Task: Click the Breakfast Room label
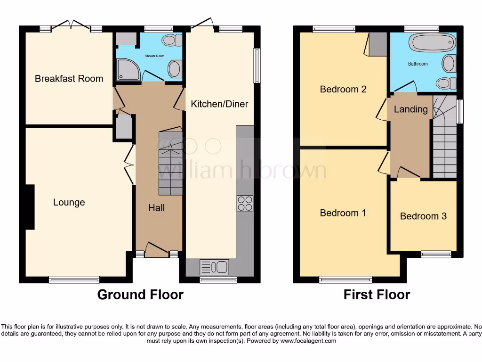[69, 79]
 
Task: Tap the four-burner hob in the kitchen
[245, 203]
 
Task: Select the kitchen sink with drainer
[214, 267]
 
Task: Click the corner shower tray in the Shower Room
[126, 68]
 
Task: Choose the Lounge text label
[69, 203]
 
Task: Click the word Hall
[157, 207]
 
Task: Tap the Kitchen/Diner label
[219, 104]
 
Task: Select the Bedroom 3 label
[423, 216]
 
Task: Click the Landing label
[410, 109]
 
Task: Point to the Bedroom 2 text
[343, 89]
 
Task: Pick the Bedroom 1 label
[343, 213]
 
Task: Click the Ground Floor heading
[140, 295]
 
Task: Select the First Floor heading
[377, 295]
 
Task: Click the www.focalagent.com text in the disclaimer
[309, 341]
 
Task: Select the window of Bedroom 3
[436, 255]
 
